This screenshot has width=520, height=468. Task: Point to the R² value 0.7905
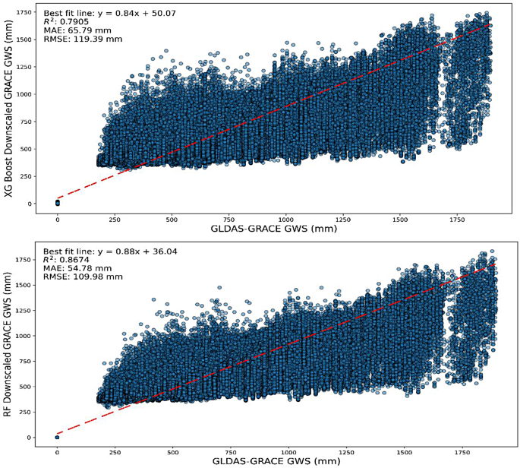tap(74, 23)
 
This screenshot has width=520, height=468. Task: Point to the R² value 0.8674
tap(74, 259)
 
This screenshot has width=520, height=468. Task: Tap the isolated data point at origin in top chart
tap(58, 202)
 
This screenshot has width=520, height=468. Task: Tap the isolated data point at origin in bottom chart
tap(58, 437)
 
